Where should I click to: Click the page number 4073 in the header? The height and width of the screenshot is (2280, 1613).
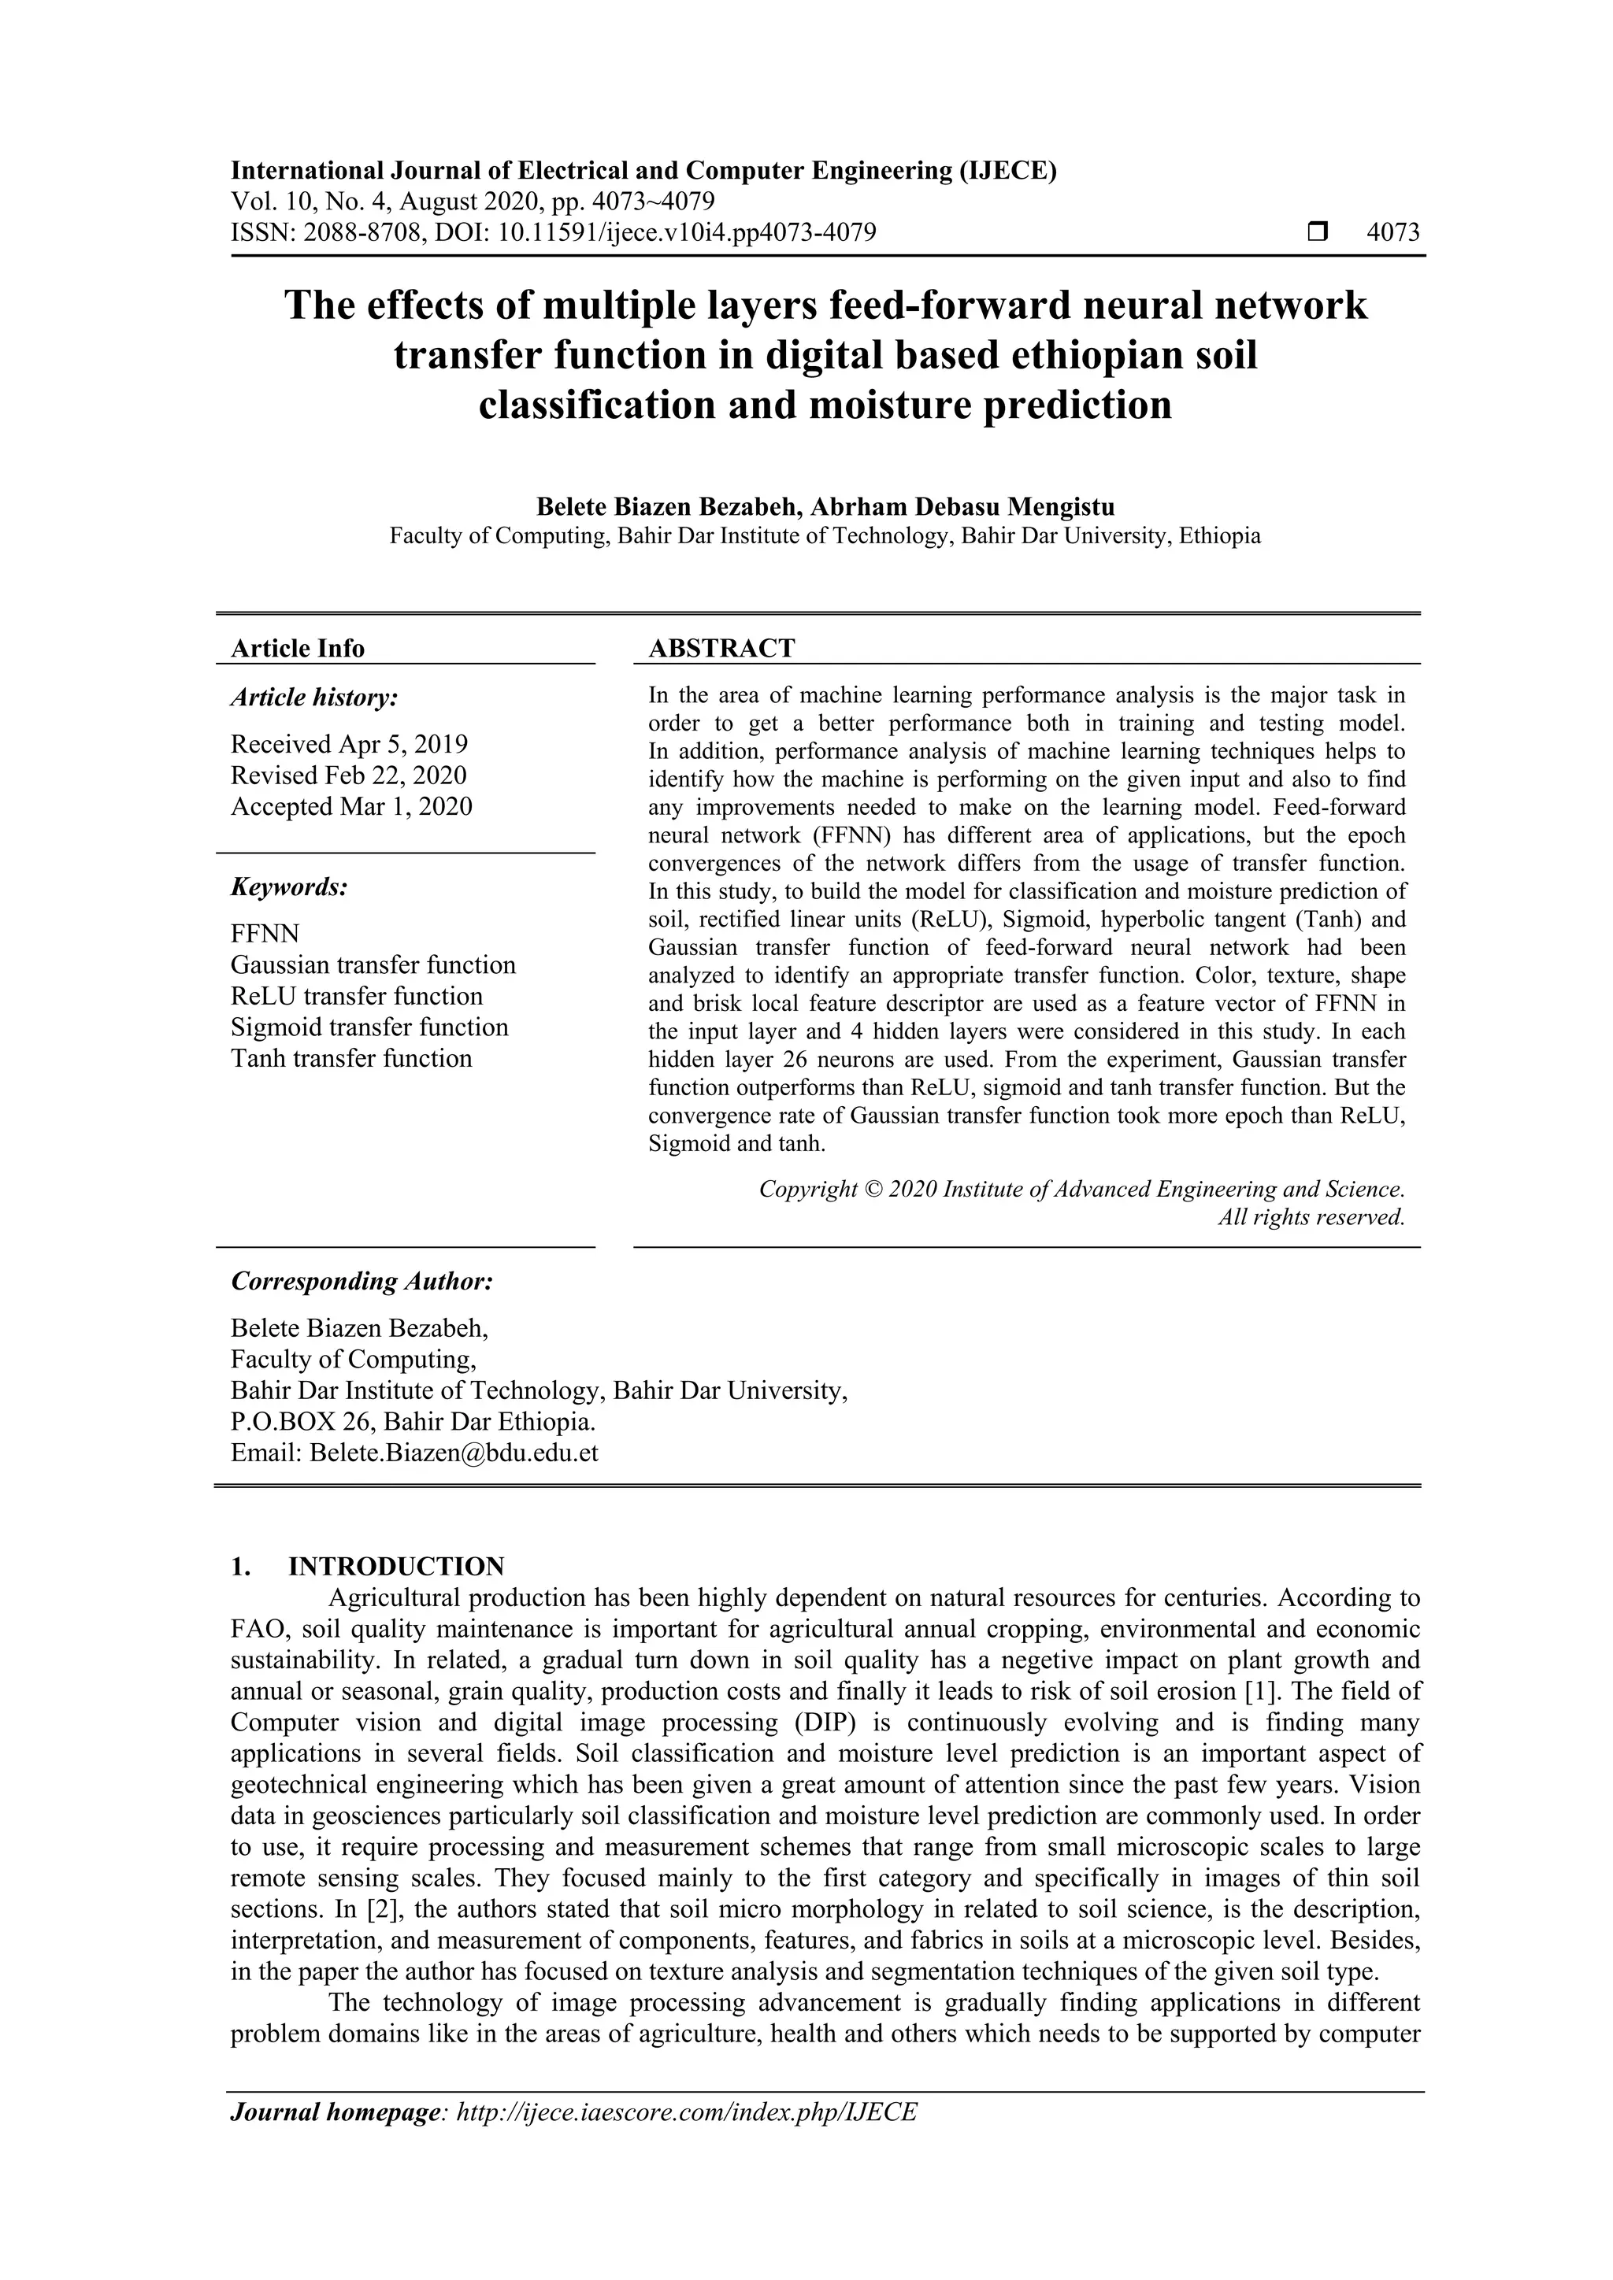[x=1392, y=232]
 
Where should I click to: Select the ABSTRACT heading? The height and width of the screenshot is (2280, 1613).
[x=721, y=649]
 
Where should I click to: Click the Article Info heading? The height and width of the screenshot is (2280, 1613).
[x=298, y=649]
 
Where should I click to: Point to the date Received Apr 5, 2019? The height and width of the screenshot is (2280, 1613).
[x=350, y=744]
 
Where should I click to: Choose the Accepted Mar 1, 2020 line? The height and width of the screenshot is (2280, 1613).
[x=351, y=806]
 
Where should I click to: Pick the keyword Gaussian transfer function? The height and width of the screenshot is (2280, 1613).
[x=373, y=965]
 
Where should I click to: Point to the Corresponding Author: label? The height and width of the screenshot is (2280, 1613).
[x=362, y=1281]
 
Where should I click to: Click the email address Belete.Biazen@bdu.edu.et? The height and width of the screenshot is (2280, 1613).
[x=454, y=1453]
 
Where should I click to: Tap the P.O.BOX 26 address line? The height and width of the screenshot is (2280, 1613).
[x=413, y=1422]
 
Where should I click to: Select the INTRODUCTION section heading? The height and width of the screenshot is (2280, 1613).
[x=396, y=1566]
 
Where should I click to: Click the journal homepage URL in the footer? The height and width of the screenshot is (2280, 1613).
[x=686, y=2112]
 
